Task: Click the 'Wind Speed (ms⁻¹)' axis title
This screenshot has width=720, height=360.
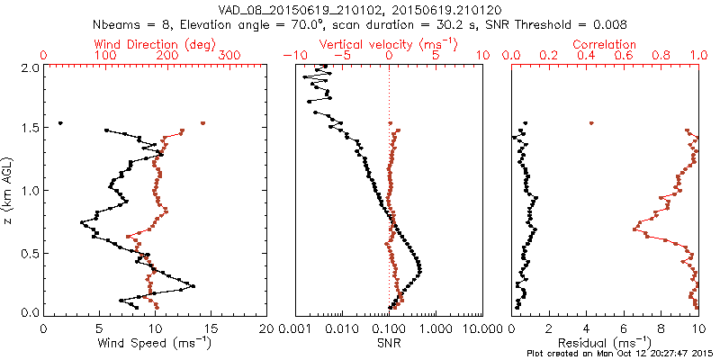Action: [x=156, y=342]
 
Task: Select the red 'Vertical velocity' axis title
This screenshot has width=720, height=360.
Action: [x=389, y=44]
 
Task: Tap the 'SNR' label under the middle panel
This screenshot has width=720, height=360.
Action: [x=389, y=342]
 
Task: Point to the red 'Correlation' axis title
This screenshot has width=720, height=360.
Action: [x=606, y=44]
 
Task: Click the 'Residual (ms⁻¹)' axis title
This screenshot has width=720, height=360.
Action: [x=606, y=342]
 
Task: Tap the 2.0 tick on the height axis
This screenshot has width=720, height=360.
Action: [x=29, y=67]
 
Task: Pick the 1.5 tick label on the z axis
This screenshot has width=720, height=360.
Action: [x=29, y=129]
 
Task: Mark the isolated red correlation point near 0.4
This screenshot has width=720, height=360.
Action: [x=590, y=122]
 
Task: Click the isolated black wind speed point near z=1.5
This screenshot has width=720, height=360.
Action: [x=60, y=122]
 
